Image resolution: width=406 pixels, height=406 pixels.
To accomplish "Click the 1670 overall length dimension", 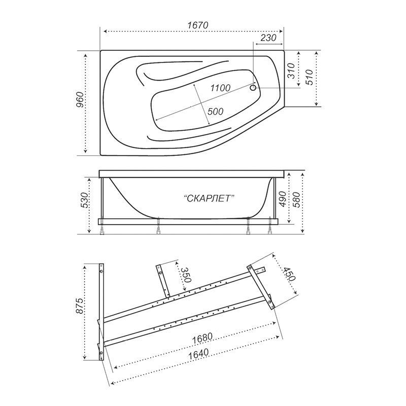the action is point(197,25).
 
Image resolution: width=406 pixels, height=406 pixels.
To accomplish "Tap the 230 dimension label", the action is point(268,38).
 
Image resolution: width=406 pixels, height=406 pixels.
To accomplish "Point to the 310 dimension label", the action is point(291,71).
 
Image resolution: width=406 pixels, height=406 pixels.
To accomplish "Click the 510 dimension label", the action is point(310,77).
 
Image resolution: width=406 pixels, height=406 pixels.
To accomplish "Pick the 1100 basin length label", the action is point(220,88).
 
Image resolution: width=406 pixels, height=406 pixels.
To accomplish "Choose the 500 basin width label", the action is point(215,111).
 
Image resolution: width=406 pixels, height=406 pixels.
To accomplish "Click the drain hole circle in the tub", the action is point(253,87).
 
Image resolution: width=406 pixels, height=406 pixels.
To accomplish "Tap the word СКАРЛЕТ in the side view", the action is point(209,198).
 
